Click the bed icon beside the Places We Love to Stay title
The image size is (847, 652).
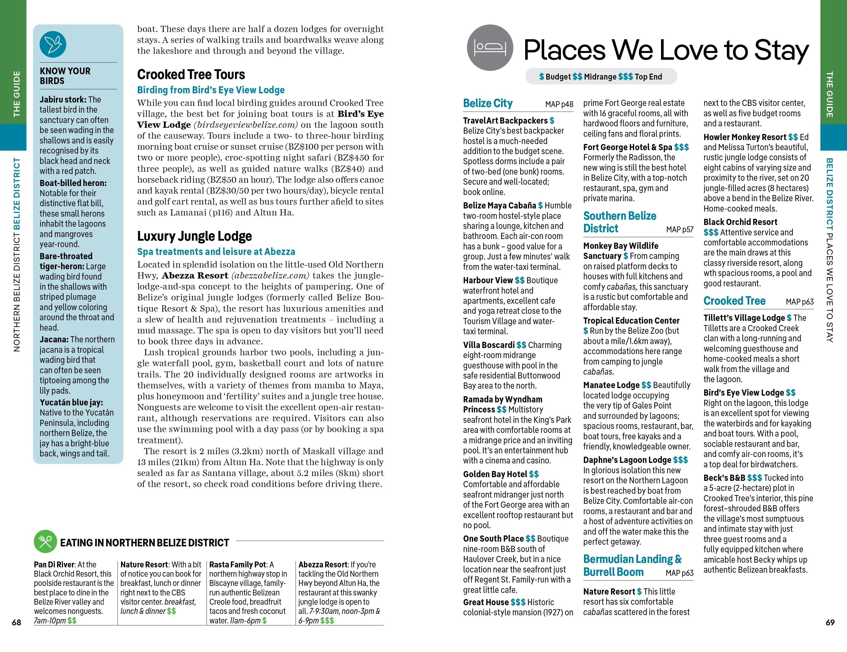pos(490,48)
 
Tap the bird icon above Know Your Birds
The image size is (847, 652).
pos(53,44)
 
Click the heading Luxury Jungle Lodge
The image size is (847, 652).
pos(194,236)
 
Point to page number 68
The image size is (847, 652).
pos(16,622)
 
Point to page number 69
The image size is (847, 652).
pos(830,622)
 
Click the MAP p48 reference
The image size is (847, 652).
pos(559,104)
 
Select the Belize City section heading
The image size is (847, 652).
pos(487,103)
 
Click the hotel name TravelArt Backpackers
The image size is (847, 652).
pos(505,121)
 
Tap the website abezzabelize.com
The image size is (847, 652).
pos(270,275)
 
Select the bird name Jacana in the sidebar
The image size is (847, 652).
pos(54,339)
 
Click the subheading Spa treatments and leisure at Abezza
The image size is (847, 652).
pos(216,251)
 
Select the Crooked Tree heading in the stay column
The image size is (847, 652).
pos(734,301)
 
